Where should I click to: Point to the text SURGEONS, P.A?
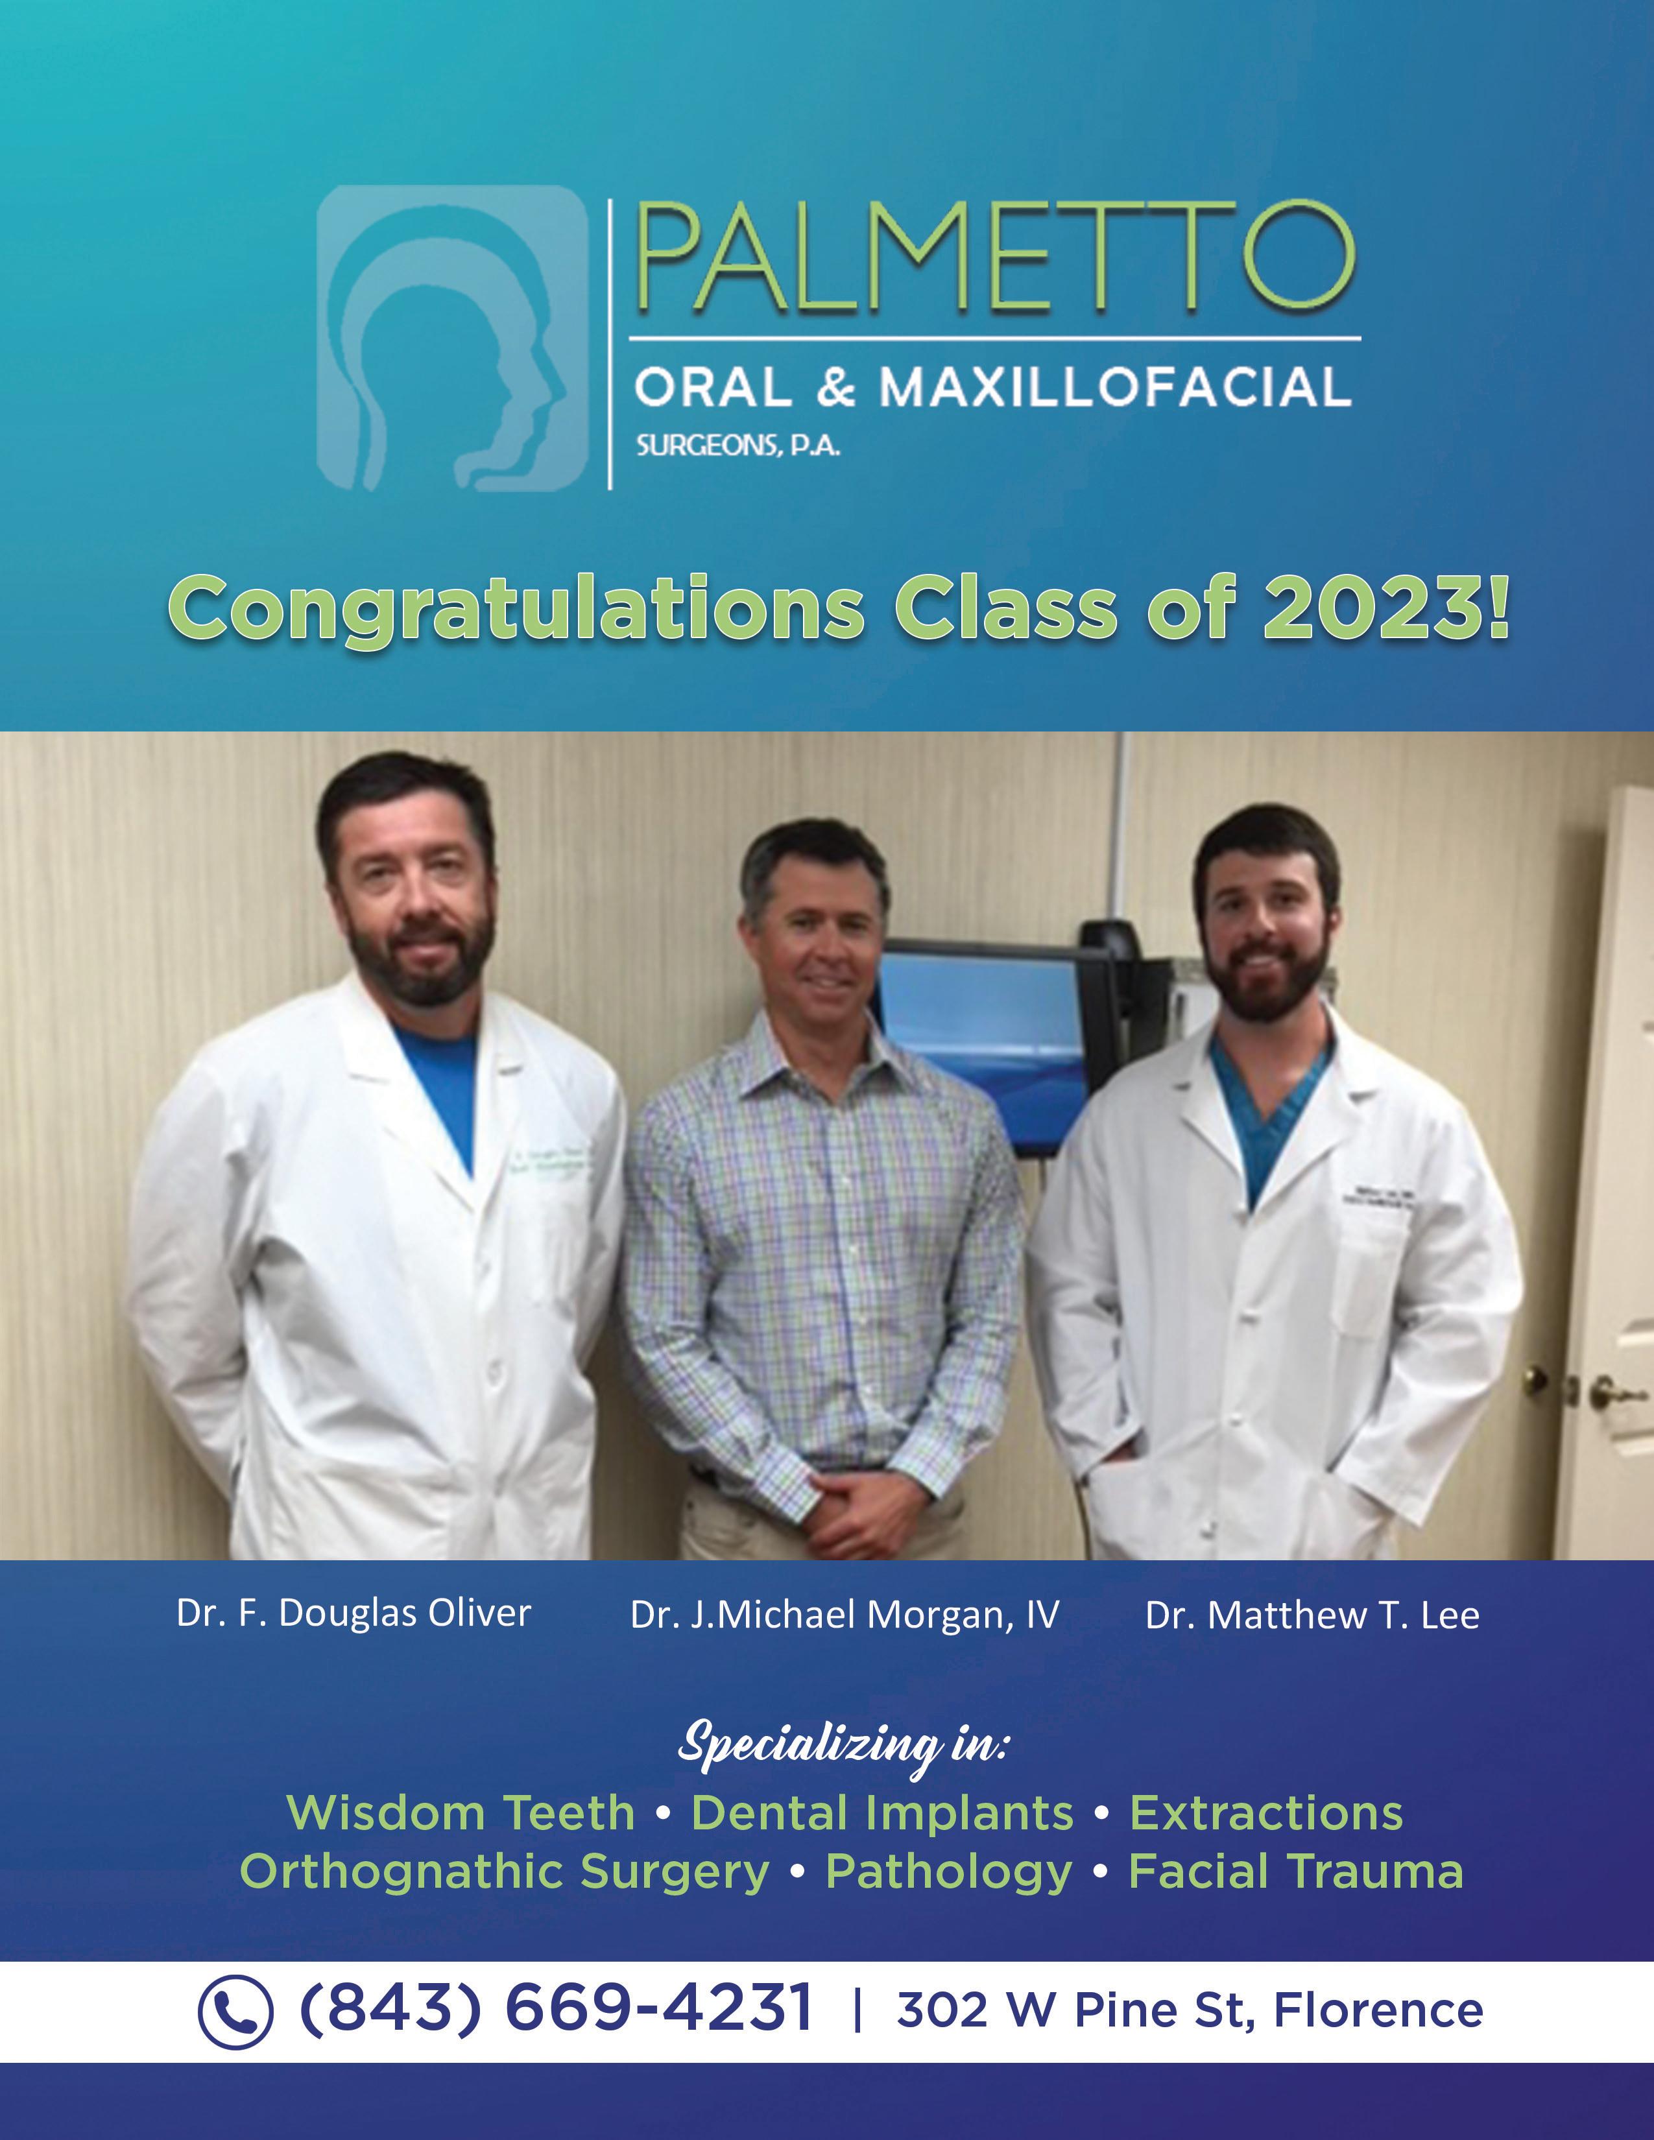click(738, 447)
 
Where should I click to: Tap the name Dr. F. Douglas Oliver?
click(354, 1612)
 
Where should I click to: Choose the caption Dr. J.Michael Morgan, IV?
click(845, 1615)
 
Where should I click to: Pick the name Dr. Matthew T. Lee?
click(1312, 1615)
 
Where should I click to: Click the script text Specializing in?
click(843, 1745)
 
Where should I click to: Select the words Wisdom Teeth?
click(461, 1813)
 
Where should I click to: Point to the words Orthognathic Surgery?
click(505, 1873)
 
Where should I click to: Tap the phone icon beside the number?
click(235, 2012)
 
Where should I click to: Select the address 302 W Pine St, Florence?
click(1190, 2011)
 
